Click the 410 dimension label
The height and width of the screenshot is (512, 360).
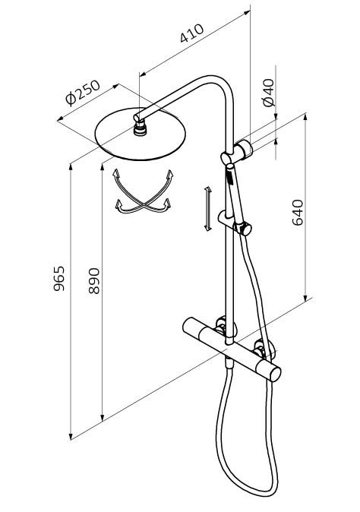[x=191, y=33]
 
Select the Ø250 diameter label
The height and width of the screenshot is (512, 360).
[x=83, y=93]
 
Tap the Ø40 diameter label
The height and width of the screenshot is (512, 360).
[x=269, y=93]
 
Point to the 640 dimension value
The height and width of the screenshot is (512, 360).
[x=298, y=213]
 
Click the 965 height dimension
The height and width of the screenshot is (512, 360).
[x=59, y=279]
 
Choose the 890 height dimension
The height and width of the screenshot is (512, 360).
[x=94, y=281]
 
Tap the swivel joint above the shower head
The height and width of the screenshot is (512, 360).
[x=141, y=127]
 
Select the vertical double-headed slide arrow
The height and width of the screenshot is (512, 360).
[x=207, y=209]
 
